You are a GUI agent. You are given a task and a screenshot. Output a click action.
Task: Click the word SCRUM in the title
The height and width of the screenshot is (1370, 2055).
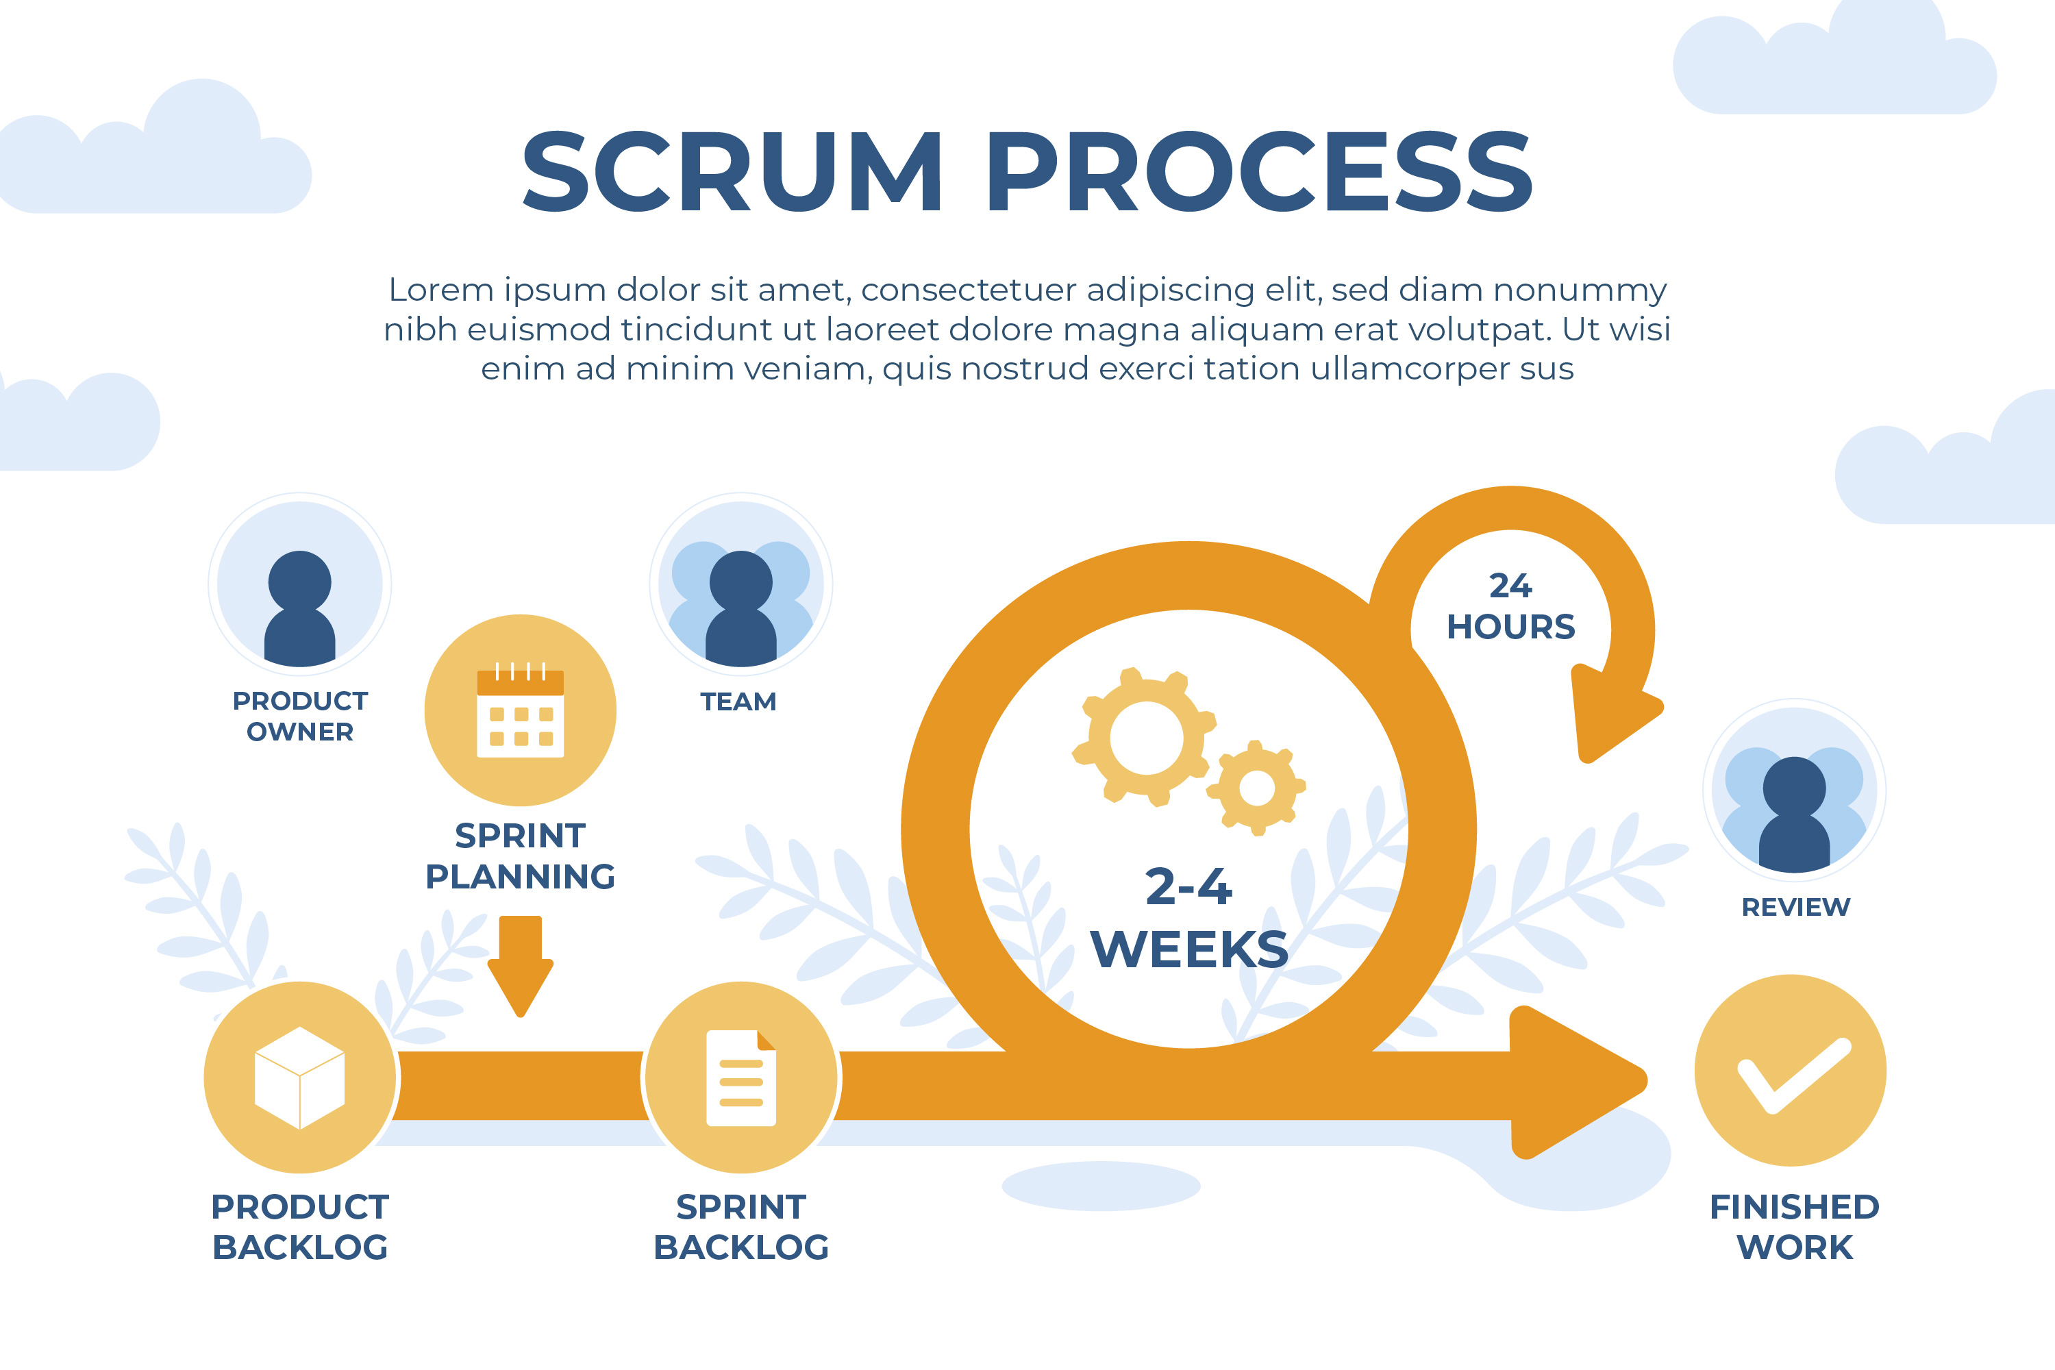click(x=732, y=171)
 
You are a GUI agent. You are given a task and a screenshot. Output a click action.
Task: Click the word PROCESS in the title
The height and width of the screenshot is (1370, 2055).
click(x=1259, y=171)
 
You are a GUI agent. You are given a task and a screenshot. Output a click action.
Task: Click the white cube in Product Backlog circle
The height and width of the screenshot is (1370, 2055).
click(x=300, y=1078)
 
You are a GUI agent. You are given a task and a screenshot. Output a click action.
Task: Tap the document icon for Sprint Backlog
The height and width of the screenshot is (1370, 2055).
click(x=741, y=1078)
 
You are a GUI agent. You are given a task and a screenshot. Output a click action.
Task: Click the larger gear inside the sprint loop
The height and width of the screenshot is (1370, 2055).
click(x=1145, y=738)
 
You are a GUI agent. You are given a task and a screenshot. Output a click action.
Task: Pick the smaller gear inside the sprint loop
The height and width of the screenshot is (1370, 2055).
click(x=1256, y=788)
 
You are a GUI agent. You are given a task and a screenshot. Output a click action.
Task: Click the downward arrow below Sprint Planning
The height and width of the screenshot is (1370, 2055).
click(x=521, y=965)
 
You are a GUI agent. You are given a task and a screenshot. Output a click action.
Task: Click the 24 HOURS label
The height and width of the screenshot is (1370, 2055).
click(x=1510, y=606)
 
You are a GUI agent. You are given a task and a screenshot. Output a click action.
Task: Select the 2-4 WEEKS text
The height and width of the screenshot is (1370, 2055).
click(x=1189, y=917)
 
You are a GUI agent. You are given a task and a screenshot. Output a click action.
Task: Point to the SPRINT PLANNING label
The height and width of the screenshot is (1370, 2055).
click(x=521, y=856)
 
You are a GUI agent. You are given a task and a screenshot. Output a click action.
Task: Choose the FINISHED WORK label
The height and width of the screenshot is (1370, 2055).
click(x=1795, y=1227)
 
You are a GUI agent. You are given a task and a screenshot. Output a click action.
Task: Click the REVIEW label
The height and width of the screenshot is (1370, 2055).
click(x=1795, y=907)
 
